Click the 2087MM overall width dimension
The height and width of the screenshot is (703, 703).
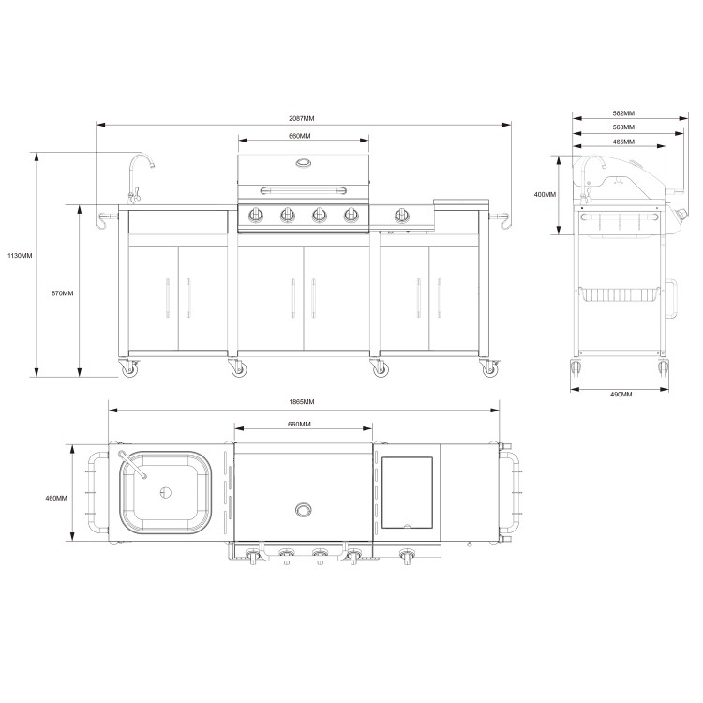pos(302,119)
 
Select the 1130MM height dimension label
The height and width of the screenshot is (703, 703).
pos(19,255)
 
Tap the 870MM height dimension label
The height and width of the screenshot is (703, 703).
pos(62,293)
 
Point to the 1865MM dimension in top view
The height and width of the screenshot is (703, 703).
pos(302,402)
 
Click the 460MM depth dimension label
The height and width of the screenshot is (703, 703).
pos(56,498)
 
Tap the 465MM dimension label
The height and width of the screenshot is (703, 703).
pos(620,142)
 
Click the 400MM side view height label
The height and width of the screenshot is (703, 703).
pos(545,195)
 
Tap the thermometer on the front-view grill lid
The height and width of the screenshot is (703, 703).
pos(304,165)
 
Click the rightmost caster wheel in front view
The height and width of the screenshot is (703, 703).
pos(490,370)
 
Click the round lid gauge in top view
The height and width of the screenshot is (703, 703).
pos(303,510)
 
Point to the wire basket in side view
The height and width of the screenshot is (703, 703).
pos(620,294)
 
